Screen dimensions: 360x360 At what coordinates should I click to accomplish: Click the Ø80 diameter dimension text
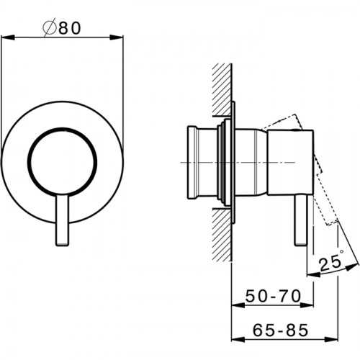(62, 27)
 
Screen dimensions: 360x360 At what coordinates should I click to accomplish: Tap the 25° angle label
(332, 260)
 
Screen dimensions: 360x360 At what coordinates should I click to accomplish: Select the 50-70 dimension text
(273, 296)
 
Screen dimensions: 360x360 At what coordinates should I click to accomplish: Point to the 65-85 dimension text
(280, 330)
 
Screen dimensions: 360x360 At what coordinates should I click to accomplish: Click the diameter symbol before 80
(50, 27)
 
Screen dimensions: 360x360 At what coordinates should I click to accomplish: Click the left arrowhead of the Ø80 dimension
(8, 37)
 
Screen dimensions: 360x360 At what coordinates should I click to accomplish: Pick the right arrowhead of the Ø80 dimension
(117, 37)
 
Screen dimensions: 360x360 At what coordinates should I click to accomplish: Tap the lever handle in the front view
(62, 220)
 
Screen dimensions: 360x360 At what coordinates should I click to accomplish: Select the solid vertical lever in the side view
(301, 220)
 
